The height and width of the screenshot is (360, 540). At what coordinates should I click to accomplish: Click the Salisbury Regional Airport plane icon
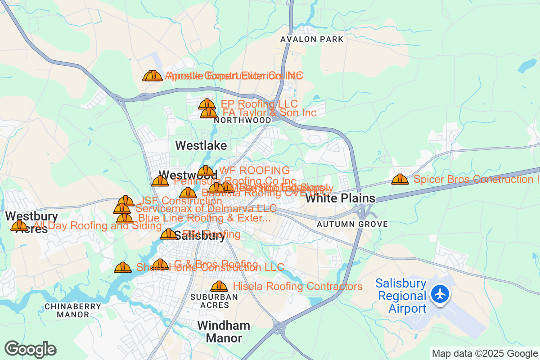[x=440, y=294]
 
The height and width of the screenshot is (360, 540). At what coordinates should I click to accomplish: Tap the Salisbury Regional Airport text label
[x=401, y=296]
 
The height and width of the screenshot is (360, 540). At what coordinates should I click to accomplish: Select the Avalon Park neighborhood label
[x=312, y=39]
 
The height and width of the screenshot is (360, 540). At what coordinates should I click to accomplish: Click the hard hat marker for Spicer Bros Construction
[x=400, y=180]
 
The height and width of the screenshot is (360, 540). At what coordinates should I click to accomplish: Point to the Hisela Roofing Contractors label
[x=297, y=286]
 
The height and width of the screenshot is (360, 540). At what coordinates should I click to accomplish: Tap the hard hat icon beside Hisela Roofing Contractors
[x=219, y=286]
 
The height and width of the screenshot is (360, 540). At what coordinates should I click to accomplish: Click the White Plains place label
[x=340, y=198]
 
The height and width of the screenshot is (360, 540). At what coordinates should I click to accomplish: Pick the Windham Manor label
[x=224, y=332]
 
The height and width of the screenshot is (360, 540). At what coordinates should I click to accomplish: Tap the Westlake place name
[x=201, y=145]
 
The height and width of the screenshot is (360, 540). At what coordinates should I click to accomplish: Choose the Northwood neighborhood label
[x=243, y=121]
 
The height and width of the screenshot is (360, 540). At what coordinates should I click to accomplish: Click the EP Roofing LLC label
[x=259, y=104]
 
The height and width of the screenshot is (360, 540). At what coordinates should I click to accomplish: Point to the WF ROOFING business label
[x=254, y=171]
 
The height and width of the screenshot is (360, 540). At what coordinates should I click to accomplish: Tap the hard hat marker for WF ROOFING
[x=206, y=171]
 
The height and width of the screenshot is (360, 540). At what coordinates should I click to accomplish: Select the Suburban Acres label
[x=214, y=301]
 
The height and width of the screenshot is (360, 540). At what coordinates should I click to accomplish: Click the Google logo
[x=31, y=349]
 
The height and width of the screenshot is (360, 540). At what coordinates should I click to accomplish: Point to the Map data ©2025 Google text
[x=485, y=353]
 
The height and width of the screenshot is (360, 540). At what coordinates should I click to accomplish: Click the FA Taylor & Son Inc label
[x=270, y=112]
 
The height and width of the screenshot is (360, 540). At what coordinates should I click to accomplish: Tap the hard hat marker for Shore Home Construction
[x=122, y=268]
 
